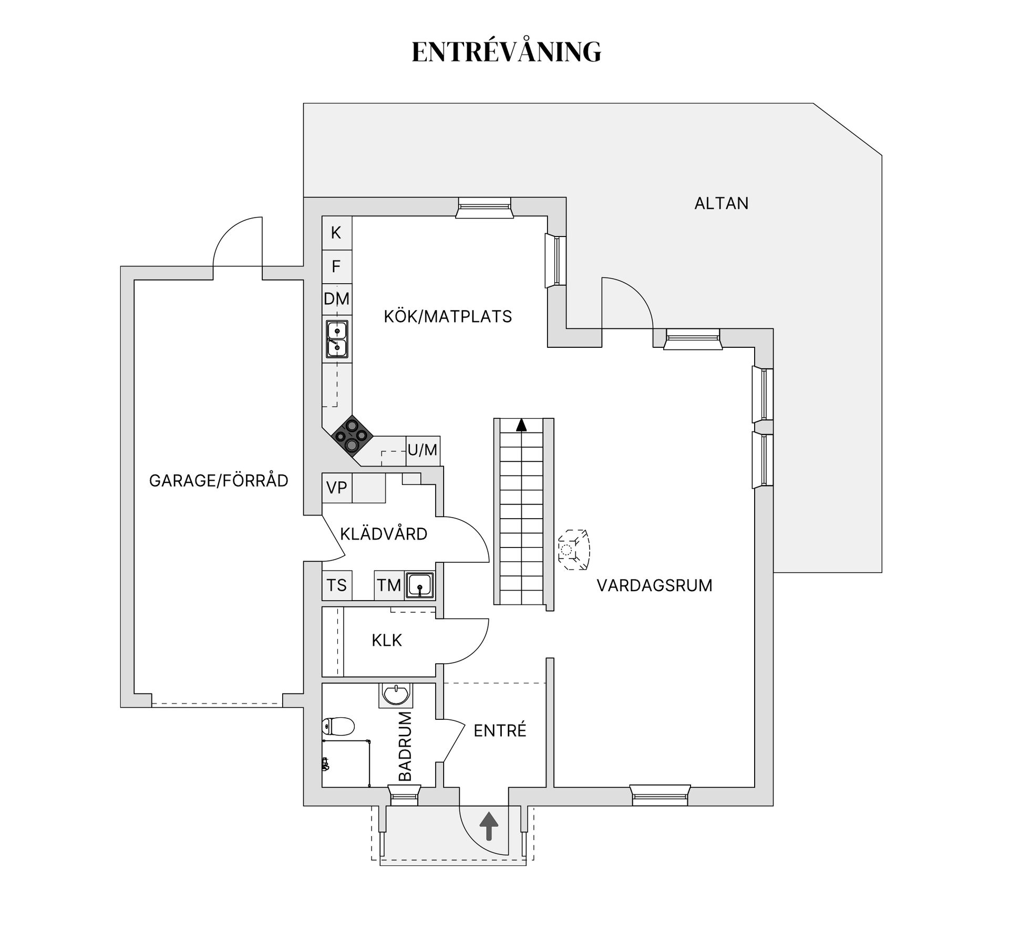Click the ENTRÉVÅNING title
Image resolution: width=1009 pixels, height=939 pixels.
(506, 52)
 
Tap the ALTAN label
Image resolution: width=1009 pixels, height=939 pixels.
(721, 203)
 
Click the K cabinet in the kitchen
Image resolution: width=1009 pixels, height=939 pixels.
(336, 232)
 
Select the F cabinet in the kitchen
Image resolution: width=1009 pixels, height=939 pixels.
(336, 266)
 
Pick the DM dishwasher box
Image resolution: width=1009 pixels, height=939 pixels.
(336, 299)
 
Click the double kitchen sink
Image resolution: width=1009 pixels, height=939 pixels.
(336, 339)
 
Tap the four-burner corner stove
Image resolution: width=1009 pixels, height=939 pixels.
(352, 435)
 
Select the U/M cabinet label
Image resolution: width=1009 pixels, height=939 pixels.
(423, 450)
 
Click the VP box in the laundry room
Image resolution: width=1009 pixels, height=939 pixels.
(336, 488)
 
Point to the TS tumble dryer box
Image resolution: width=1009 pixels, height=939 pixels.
(336, 585)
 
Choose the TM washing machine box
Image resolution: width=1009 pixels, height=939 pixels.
(389, 585)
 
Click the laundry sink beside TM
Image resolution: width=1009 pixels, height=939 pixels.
(420, 585)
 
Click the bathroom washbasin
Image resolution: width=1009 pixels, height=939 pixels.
(396, 695)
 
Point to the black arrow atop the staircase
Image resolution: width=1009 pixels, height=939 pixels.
(521, 425)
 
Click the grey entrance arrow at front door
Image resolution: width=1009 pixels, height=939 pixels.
(489, 826)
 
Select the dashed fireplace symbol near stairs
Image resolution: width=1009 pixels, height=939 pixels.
(573, 550)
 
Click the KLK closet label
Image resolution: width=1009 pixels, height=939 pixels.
(387, 640)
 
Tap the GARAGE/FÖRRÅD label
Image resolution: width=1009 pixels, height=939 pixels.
(219, 481)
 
